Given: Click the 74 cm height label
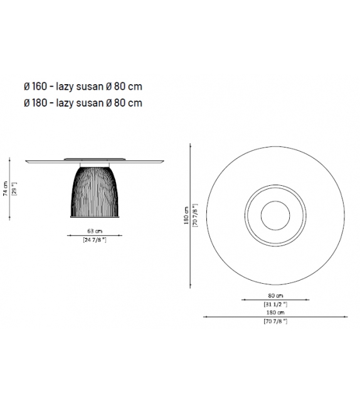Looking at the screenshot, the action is click(x=6, y=189).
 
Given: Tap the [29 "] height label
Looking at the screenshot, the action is click(x=14, y=189).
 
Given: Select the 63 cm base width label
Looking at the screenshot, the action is click(x=95, y=231).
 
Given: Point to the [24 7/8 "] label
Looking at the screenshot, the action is click(x=95, y=240).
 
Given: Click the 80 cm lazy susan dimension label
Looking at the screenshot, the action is click(x=275, y=296).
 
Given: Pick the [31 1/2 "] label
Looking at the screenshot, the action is click(x=275, y=304).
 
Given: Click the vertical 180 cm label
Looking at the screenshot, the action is click(x=186, y=215).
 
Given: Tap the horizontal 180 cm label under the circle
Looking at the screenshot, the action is click(x=275, y=313).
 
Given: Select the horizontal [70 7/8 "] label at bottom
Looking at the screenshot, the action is click(x=275, y=321).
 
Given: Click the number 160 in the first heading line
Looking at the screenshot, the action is click(x=40, y=87).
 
